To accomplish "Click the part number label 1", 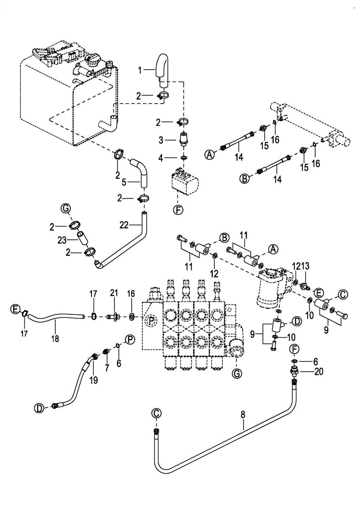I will [140, 71].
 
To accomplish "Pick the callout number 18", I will [55, 339].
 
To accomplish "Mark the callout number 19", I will [94, 380].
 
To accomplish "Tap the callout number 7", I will [107, 368].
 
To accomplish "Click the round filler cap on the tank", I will [91, 61].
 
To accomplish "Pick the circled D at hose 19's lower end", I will [39, 408].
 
